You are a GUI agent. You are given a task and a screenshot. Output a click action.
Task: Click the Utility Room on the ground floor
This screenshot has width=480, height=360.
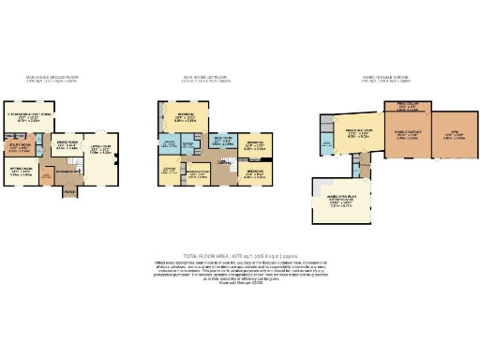pyautogui.click(x=20, y=146)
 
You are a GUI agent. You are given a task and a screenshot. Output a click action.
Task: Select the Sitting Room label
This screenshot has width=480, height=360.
pyautogui.click(x=21, y=172)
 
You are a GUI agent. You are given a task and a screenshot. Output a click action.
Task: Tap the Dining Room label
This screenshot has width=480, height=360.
pyautogui.click(x=64, y=146)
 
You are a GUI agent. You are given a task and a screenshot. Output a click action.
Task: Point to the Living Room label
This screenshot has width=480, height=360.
pyautogui.click(x=99, y=148)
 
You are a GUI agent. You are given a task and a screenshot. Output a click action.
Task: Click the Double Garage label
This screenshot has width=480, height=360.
pyautogui.click(x=408, y=135)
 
